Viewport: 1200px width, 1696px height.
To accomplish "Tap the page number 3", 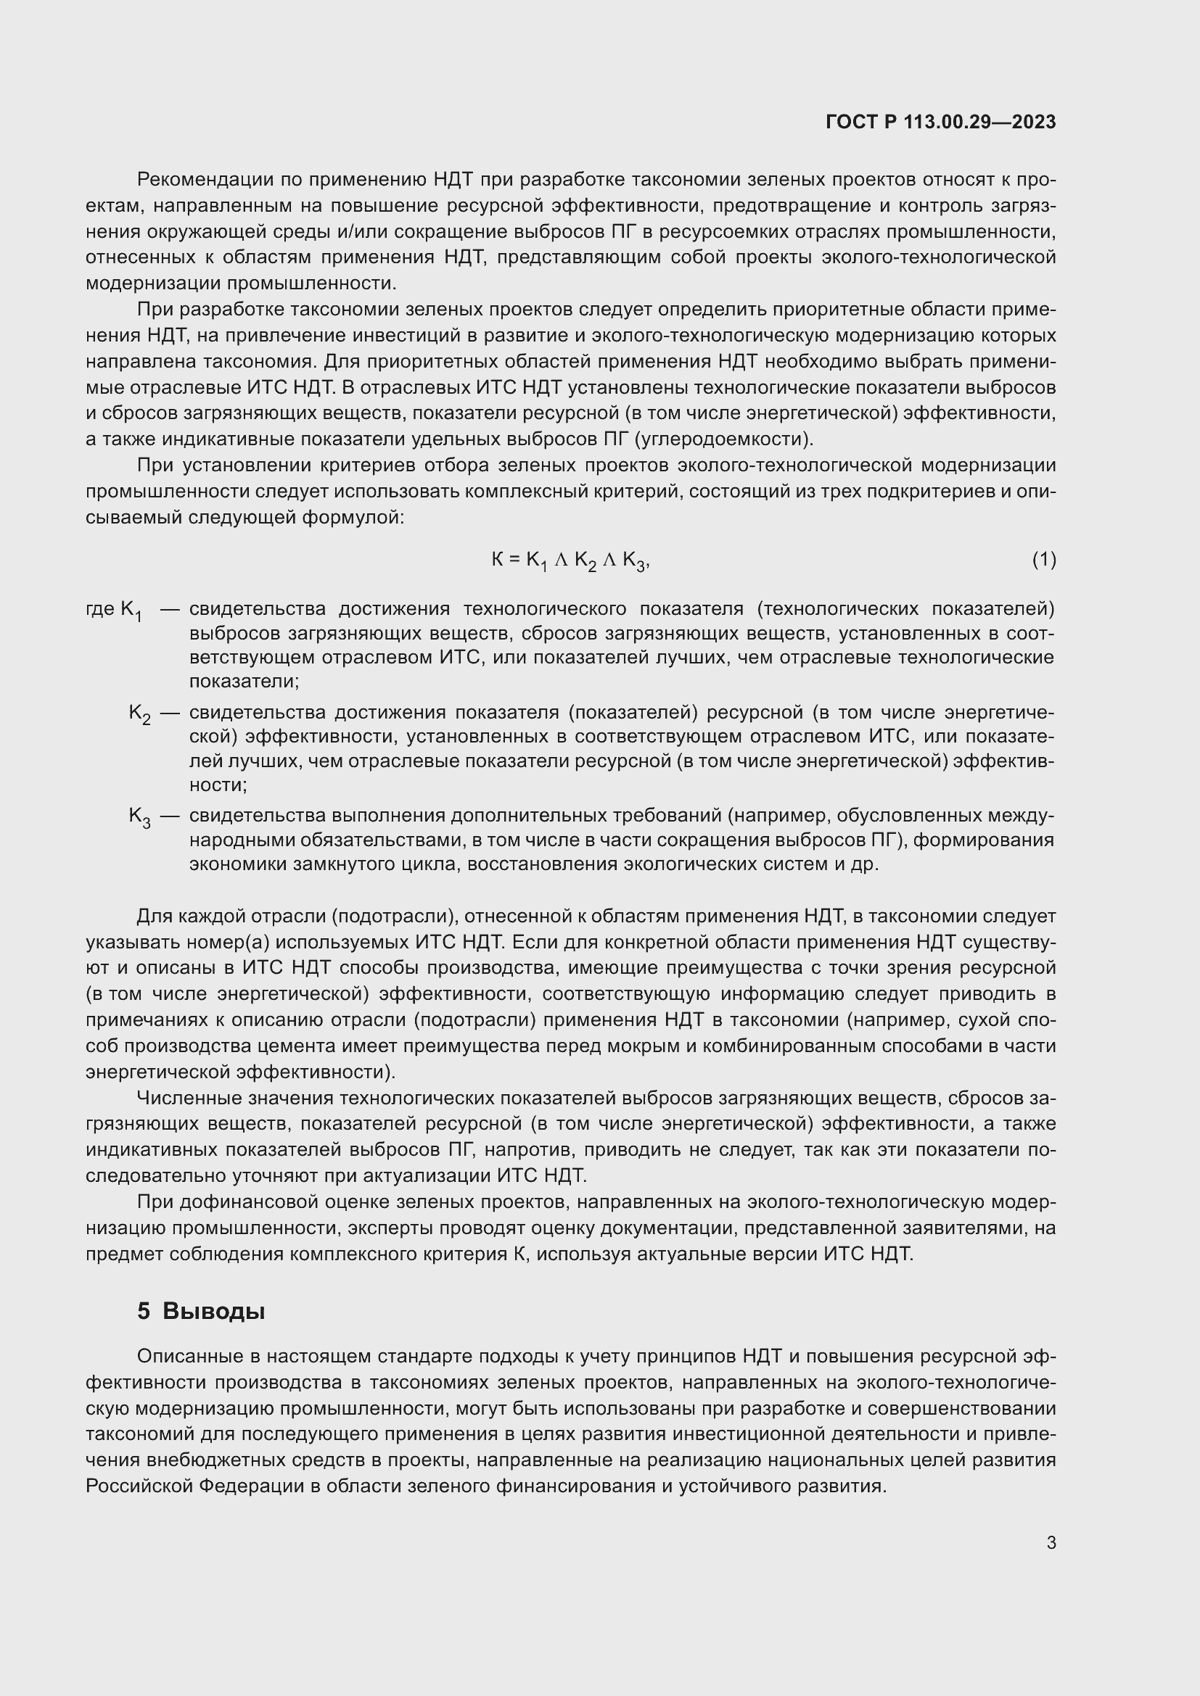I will (x=1051, y=1542).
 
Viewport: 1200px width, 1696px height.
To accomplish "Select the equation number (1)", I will (x=1043, y=560).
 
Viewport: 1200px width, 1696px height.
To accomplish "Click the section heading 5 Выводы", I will (x=201, y=1311).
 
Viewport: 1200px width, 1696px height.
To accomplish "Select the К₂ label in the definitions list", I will (x=139, y=713).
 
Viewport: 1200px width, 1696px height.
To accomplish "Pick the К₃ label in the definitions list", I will (x=139, y=817).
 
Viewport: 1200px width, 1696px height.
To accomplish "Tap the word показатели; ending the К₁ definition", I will (x=244, y=681).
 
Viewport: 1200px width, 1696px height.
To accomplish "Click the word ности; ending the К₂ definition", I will (x=218, y=785).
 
